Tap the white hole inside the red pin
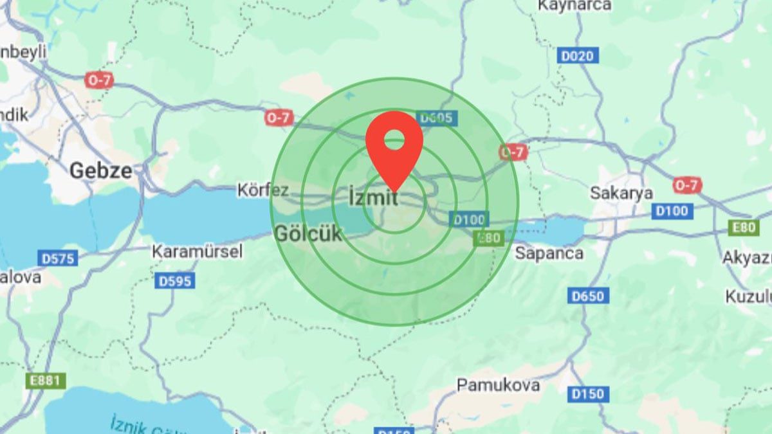click(394, 138)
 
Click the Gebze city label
click(101, 170)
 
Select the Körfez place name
click(263, 190)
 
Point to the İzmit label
click(373, 197)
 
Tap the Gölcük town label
click(308, 233)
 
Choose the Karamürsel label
click(197, 251)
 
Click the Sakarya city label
click(621, 193)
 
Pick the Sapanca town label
click(549, 253)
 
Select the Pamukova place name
click(498, 384)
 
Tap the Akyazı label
click(747, 257)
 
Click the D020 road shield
click(577, 56)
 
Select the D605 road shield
click(437, 118)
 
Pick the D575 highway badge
click(58, 258)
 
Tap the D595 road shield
click(175, 281)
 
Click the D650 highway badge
click(587, 296)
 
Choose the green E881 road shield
click(46, 381)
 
